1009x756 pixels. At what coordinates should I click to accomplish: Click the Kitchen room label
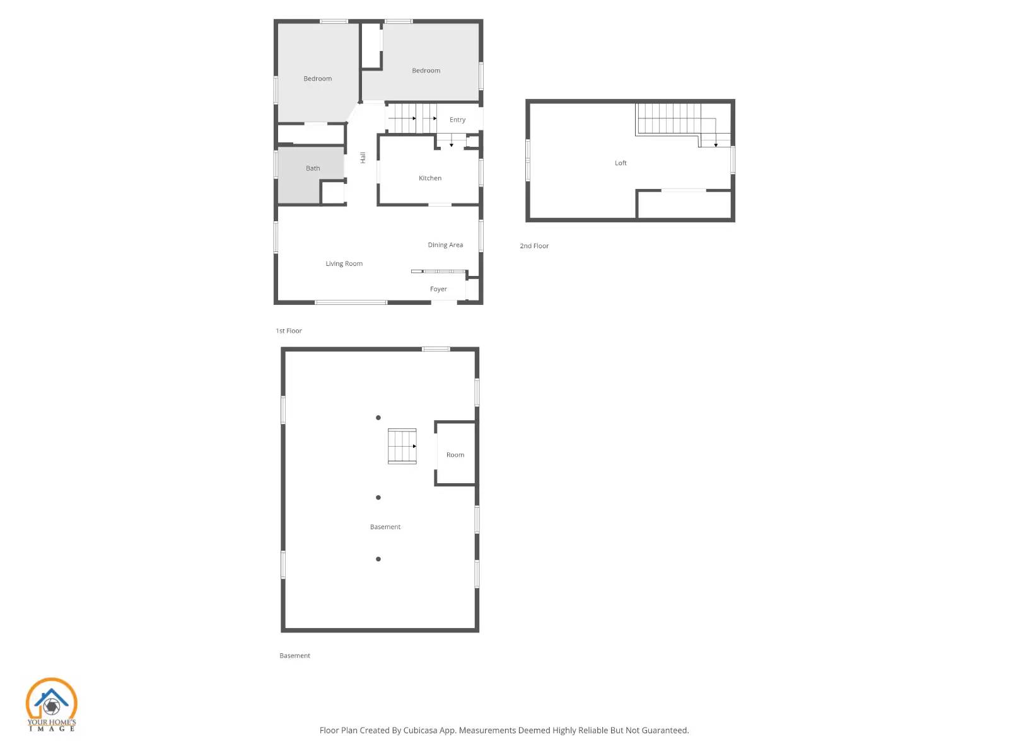click(x=430, y=178)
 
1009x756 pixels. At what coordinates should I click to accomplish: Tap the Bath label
click(x=313, y=168)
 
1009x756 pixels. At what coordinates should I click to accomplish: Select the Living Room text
click(x=344, y=264)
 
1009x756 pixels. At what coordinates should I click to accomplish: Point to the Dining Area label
click(x=445, y=245)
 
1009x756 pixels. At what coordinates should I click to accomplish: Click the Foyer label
click(x=438, y=289)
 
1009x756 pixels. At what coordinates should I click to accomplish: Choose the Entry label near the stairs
click(x=457, y=120)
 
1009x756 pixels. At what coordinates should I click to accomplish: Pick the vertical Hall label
click(x=363, y=157)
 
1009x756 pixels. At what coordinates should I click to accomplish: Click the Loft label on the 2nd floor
click(x=621, y=163)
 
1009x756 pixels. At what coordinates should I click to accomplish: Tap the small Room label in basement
click(x=455, y=455)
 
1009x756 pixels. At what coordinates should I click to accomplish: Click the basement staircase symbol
click(x=402, y=446)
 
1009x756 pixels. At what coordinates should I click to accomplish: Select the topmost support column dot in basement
click(x=378, y=418)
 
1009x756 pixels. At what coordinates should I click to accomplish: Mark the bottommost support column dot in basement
click(x=378, y=559)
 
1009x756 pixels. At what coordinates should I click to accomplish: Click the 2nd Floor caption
click(x=534, y=246)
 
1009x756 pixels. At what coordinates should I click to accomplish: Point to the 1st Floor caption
click(x=289, y=331)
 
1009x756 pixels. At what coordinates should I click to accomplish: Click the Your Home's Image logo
click(x=51, y=704)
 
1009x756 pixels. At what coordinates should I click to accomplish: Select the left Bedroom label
click(x=317, y=79)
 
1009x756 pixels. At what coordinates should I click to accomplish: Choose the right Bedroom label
click(x=426, y=71)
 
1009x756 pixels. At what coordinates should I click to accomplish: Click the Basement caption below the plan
click(x=295, y=656)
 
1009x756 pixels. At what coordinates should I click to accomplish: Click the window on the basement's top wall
click(x=436, y=349)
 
